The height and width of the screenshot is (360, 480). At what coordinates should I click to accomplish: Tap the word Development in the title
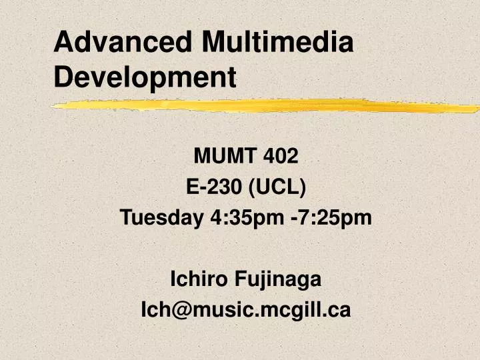pos(145,78)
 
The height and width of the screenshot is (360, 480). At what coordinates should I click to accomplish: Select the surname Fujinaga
pos(278,280)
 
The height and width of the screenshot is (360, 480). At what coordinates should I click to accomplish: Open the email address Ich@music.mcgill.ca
pos(245,309)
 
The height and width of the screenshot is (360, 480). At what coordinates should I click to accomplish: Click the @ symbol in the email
pos(182,310)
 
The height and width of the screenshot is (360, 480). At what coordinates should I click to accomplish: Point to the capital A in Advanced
pos(63,43)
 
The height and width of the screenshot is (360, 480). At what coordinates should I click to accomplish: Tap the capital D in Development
pos(63,78)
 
